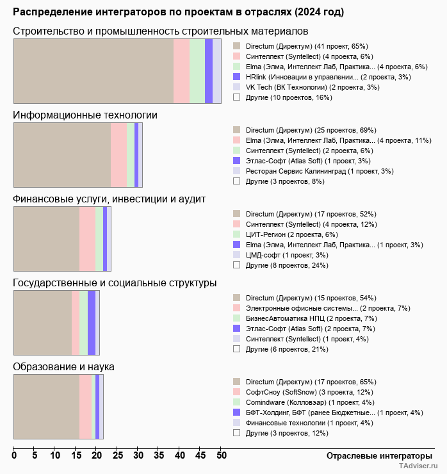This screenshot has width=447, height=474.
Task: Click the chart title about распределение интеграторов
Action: [178, 12]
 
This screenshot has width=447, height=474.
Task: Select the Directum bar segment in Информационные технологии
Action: [62, 154]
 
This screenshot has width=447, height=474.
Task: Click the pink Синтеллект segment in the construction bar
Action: [181, 70]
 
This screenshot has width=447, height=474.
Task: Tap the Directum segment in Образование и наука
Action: [46, 407]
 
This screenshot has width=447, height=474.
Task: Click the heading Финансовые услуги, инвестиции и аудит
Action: [109, 199]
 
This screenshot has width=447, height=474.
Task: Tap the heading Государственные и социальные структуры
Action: [115, 283]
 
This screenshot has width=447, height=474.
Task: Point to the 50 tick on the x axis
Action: [221, 455]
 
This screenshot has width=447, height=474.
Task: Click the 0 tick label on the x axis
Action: [14, 455]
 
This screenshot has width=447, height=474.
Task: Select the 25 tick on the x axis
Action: [117, 455]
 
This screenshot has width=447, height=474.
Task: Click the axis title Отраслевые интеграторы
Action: [375, 455]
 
